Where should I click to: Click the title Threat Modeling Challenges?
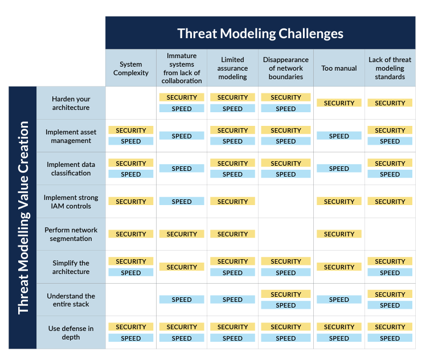click(x=260, y=34)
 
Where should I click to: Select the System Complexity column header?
click(x=131, y=68)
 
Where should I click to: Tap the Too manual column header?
click(x=339, y=68)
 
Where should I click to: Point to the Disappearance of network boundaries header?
click(x=286, y=68)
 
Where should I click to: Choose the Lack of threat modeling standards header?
click(x=390, y=68)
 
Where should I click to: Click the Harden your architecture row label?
click(x=71, y=103)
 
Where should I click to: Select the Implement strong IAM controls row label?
click(x=71, y=202)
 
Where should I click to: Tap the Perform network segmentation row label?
click(x=71, y=234)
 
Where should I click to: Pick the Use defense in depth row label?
click(x=71, y=333)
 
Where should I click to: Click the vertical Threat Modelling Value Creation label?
click(x=23, y=218)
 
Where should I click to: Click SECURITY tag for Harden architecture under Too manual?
click(x=339, y=103)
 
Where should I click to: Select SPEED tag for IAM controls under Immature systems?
click(x=182, y=202)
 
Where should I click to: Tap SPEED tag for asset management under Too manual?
click(x=339, y=136)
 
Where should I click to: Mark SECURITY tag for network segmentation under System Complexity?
click(x=131, y=234)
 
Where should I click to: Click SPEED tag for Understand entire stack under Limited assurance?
click(x=232, y=300)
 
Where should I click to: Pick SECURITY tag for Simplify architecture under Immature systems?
click(x=182, y=267)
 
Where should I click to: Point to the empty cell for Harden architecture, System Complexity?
click(x=131, y=103)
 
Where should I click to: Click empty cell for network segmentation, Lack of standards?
click(x=390, y=234)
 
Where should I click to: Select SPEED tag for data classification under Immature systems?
click(x=182, y=169)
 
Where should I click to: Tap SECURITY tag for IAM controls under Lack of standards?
click(x=390, y=202)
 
